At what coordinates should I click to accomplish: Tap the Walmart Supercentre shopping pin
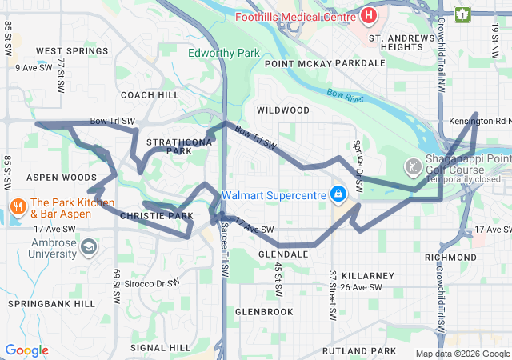tap(338, 194)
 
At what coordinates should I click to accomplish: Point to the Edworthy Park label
tap(224, 54)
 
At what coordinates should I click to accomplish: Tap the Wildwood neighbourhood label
tap(282, 110)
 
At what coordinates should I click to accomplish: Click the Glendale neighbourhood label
tap(283, 254)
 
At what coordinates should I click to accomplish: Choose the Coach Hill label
tap(149, 94)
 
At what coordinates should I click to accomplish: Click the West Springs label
tap(72, 51)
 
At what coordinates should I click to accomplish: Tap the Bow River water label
tap(346, 96)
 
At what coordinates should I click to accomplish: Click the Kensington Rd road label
tap(479, 121)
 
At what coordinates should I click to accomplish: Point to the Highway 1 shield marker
tap(462, 14)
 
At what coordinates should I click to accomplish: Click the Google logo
tap(26, 350)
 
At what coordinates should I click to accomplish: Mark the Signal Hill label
tap(160, 348)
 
